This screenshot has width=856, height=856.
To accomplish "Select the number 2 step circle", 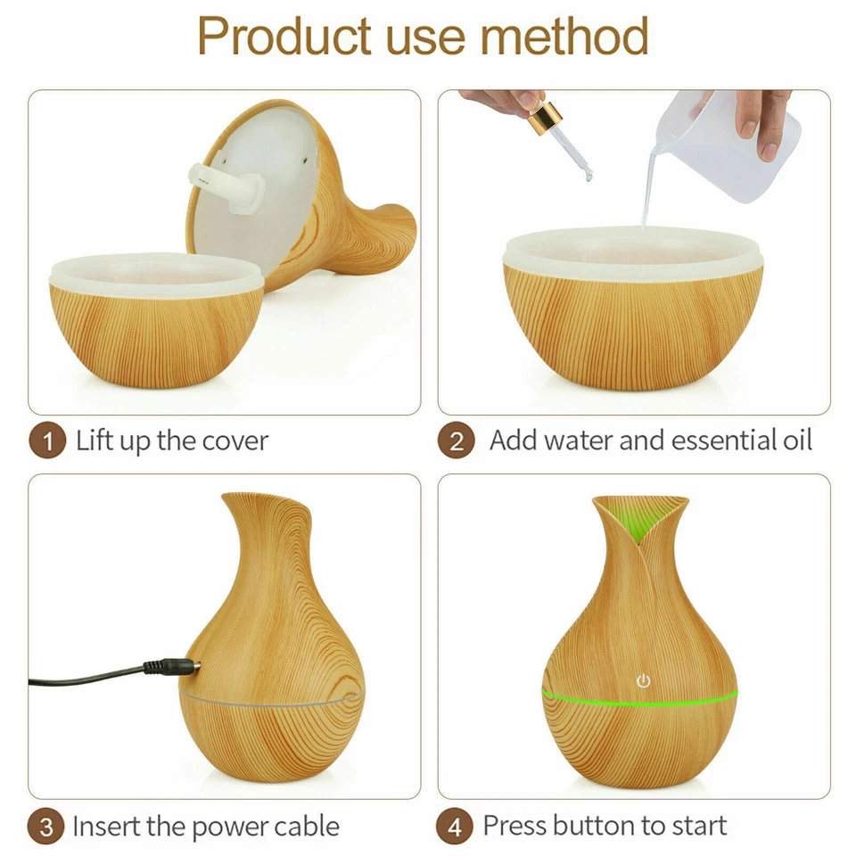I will coord(456,440).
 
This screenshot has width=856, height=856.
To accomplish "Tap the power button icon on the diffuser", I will coord(644,681).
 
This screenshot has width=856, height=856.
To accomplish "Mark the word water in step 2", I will coord(577,440).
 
